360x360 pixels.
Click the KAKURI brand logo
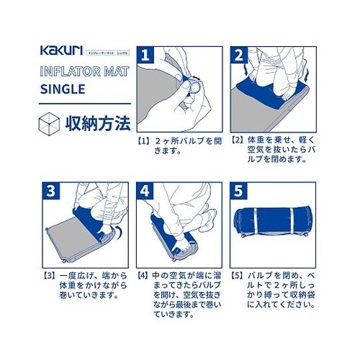click(x=60, y=52)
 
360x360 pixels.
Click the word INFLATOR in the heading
click(x=66, y=72)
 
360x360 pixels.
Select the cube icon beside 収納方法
click(x=48, y=122)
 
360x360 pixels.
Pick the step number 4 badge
click(x=146, y=192)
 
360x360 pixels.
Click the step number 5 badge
click(x=238, y=192)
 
